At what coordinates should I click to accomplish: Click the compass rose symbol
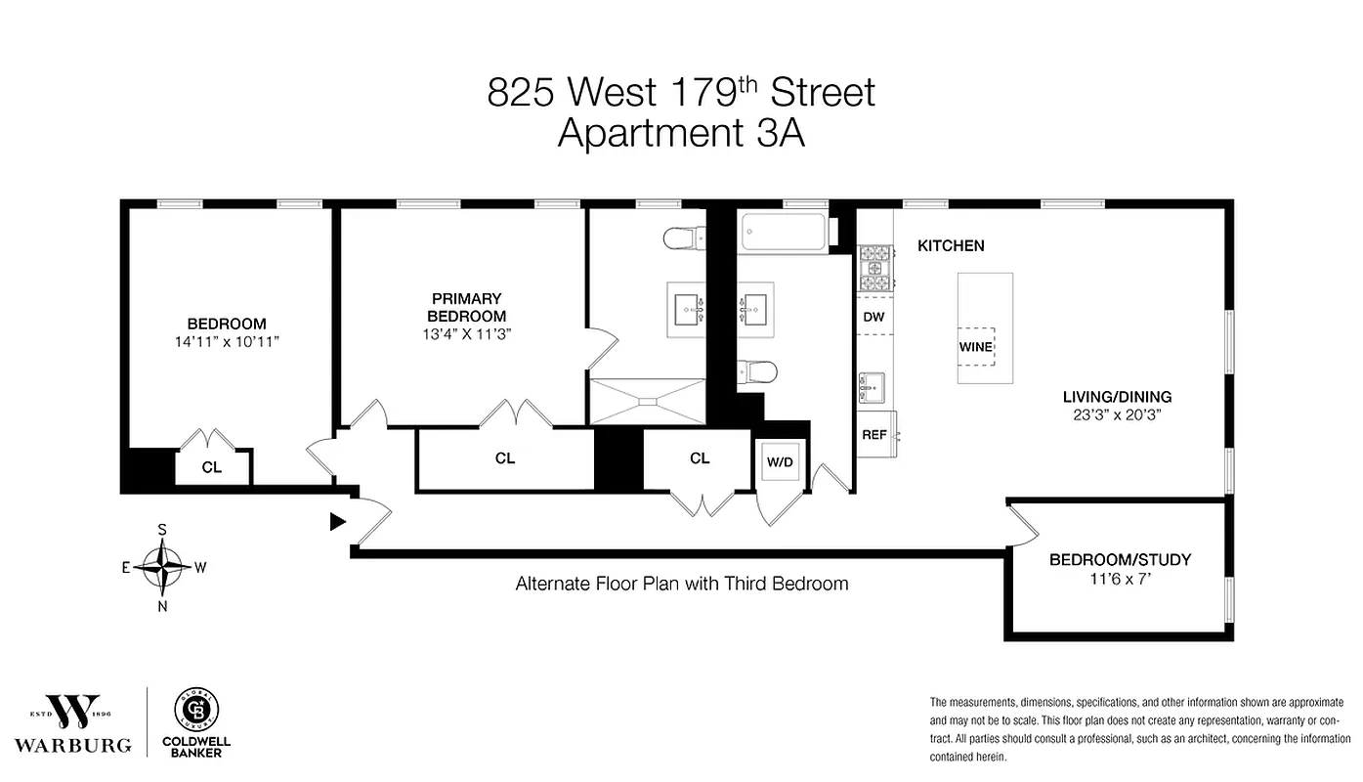162,566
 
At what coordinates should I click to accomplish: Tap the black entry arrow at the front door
338,522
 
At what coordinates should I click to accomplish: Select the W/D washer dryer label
780,460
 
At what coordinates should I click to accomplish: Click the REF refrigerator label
873,434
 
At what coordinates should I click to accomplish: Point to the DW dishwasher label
873,317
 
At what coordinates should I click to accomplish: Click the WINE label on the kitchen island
975,347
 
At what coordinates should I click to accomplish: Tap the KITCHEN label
950,246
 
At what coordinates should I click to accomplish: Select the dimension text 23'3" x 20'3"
1117,414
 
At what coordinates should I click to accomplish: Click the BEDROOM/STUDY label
1120,560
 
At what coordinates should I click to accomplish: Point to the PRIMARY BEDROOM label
467,307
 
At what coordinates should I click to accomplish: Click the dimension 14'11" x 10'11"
227,342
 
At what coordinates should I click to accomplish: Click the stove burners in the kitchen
873,271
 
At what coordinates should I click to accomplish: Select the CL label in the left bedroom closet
212,467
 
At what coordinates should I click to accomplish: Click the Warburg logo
72,724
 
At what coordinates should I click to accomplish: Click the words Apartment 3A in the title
681,133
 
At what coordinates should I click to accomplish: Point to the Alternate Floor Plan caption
681,584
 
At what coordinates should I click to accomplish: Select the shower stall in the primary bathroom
646,401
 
